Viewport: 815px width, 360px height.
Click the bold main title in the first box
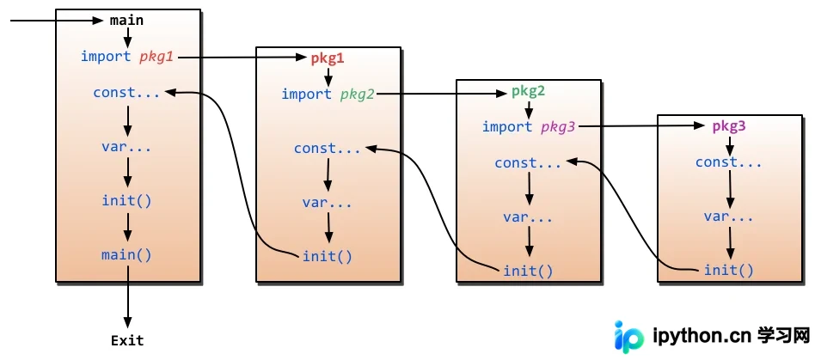coord(127,21)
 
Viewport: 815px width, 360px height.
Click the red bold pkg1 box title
coord(328,58)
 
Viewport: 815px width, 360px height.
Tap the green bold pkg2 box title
coord(528,92)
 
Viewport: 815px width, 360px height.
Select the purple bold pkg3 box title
coord(729,126)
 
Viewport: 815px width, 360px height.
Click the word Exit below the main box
coord(127,341)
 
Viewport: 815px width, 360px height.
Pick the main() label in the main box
coord(127,255)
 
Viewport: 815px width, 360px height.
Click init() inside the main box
coord(127,200)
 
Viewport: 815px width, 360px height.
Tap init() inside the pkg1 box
coord(328,256)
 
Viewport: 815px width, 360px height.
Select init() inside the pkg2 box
coord(528,271)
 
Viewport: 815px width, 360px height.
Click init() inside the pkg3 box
coord(729,270)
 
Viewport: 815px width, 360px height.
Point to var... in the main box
coord(127,147)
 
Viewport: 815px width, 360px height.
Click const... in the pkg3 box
coord(729,162)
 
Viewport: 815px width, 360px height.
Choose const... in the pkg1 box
coord(328,149)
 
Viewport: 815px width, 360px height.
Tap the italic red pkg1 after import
coord(156,57)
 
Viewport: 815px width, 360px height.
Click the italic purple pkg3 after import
coord(558,127)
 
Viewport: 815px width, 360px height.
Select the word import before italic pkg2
coord(307,94)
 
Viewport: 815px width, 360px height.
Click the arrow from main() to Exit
coord(127,296)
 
